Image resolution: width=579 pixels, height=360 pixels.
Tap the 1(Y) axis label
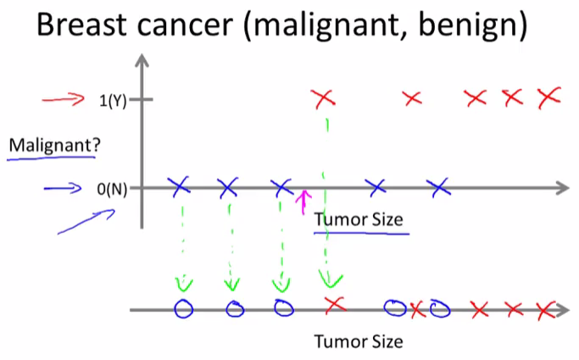pyautogui.click(x=113, y=101)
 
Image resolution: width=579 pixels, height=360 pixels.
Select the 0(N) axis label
pyautogui.click(x=112, y=189)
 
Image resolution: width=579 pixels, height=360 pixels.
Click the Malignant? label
pyautogui.click(x=54, y=146)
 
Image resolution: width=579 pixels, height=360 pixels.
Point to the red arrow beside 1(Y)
pyautogui.click(x=63, y=100)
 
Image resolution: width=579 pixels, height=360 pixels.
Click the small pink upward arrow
pyautogui.click(x=303, y=202)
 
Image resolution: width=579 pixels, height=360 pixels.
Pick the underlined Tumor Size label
pyautogui.click(x=359, y=220)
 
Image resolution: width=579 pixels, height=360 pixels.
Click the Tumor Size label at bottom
pyautogui.click(x=359, y=341)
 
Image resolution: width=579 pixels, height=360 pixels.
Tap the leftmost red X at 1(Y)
pyautogui.click(x=324, y=99)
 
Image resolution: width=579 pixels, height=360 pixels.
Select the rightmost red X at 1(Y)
pyautogui.click(x=549, y=97)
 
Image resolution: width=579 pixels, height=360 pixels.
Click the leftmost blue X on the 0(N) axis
pyautogui.click(x=179, y=186)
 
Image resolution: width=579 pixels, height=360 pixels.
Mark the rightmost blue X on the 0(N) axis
pyautogui.click(x=438, y=188)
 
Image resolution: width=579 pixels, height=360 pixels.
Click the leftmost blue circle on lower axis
pyautogui.click(x=183, y=308)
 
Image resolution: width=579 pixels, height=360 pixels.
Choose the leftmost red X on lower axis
pyautogui.click(x=336, y=305)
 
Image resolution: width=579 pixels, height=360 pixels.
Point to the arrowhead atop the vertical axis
pyautogui.click(x=142, y=60)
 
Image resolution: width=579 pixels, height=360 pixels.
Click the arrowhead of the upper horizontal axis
pyautogui.click(x=562, y=188)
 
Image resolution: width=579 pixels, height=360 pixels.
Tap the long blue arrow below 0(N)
pyautogui.click(x=86, y=222)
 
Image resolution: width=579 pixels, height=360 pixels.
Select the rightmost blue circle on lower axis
pyautogui.click(x=440, y=309)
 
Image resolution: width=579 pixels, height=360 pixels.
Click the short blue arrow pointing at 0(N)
pyautogui.click(x=63, y=189)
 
